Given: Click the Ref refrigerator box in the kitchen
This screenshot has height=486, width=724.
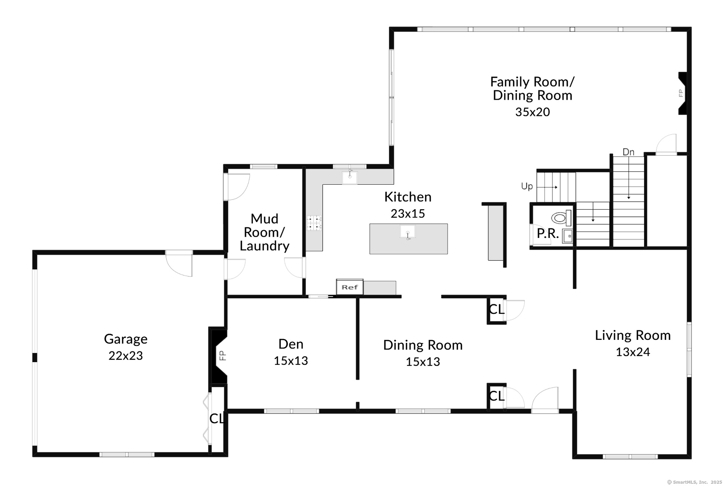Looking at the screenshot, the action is pyautogui.click(x=350, y=287).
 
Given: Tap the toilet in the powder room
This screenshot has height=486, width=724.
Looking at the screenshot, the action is pyautogui.click(x=561, y=218).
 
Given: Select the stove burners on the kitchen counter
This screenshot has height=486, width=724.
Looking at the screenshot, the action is pyautogui.click(x=314, y=223).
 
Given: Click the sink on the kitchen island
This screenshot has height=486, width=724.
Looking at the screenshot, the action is pyautogui.click(x=407, y=232).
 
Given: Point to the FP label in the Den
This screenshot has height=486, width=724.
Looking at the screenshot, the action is pyautogui.click(x=223, y=356).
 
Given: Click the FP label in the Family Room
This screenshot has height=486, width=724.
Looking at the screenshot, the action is pyautogui.click(x=681, y=93).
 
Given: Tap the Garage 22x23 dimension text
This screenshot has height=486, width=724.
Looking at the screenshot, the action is pyautogui.click(x=126, y=356).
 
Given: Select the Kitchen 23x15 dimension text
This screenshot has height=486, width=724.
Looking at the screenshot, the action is pyautogui.click(x=408, y=214).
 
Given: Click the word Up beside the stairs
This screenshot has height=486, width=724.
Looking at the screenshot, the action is pyautogui.click(x=527, y=186).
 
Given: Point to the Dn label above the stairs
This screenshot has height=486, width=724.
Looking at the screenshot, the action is pyautogui.click(x=628, y=152).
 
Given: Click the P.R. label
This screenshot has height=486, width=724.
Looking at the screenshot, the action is pyautogui.click(x=548, y=233).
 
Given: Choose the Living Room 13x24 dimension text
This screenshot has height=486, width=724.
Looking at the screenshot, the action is pyautogui.click(x=633, y=352).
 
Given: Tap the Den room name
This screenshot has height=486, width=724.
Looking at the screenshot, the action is pyautogui.click(x=291, y=344).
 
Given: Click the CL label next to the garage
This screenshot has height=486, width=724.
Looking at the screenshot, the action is pyautogui.click(x=217, y=418).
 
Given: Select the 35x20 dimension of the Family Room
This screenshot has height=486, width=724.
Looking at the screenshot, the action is pyautogui.click(x=532, y=112).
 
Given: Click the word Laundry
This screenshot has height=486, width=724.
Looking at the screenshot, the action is pyautogui.click(x=264, y=246).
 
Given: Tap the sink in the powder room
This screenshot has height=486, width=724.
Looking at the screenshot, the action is pyautogui.click(x=567, y=236).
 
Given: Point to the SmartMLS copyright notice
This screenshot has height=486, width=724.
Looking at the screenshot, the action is pyautogui.click(x=694, y=482).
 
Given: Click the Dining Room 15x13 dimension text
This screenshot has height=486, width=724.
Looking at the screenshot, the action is pyautogui.click(x=423, y=362).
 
